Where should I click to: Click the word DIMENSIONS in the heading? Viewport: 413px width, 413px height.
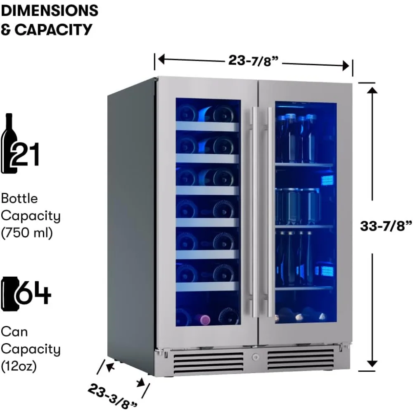49,10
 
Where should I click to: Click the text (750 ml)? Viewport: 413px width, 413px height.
27,233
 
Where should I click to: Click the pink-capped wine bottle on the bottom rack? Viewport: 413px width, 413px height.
202,319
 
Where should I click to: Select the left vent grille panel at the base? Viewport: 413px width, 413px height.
208,361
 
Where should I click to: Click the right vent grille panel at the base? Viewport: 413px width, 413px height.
300,359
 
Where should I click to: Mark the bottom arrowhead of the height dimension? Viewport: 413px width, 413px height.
373,363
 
